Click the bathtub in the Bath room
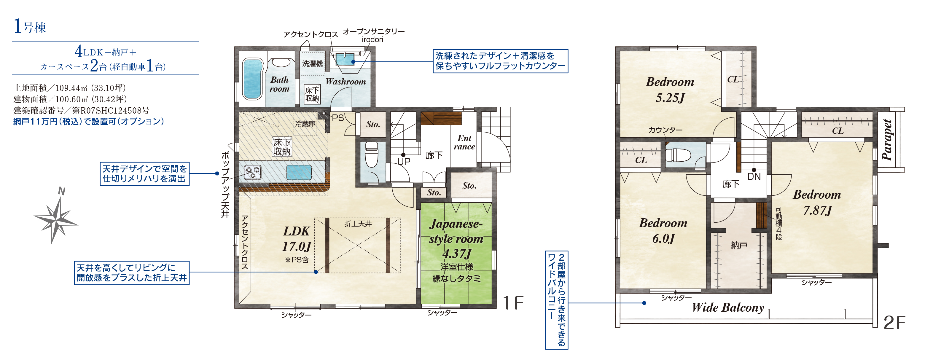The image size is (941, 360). click(252, 79)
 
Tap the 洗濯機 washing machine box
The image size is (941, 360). click(312, 63)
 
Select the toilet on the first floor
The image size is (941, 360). click(372, 155)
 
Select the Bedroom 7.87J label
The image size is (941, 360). click(817, 202)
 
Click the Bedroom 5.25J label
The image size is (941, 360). click(670, 90)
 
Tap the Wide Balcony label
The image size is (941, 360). click(728, 308)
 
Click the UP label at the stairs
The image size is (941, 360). click(404, 161)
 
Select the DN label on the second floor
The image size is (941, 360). click(754, 177)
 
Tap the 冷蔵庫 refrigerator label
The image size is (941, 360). click(305, 124)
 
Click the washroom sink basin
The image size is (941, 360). click(345, 60)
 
